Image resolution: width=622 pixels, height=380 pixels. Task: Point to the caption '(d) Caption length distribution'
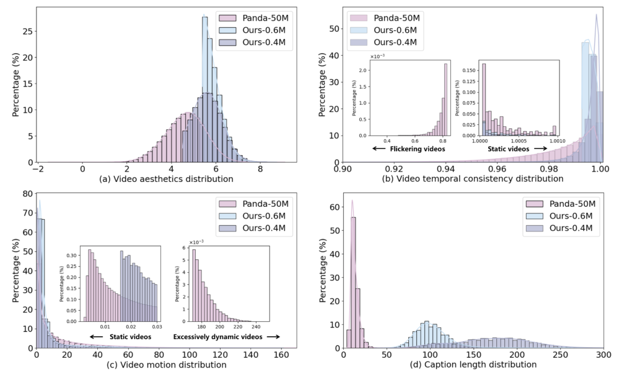(474, 365)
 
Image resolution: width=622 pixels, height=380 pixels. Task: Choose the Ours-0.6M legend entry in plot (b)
(386, 30)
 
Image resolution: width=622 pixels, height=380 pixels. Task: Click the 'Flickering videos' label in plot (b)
(410, 149)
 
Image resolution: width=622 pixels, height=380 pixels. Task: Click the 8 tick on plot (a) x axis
(260, 168)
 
